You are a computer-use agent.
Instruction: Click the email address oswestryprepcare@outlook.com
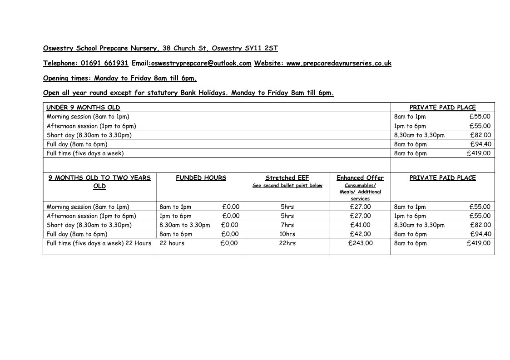click(x=201, y=63)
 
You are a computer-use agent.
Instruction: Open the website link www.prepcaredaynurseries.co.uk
click(x=339, y=63)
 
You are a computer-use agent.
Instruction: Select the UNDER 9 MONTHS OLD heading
click(x=83, y=108)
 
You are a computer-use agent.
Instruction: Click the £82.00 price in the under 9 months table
click(x=480, y=135)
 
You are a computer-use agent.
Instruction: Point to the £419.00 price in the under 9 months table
click(x=479, y=153)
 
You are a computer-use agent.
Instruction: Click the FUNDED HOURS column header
click(x=201, y=178)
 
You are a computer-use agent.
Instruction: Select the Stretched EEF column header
click(x=287, y=178)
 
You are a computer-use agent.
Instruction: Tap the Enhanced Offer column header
click(x=360, y=178)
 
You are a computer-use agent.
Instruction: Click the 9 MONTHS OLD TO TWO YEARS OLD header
click(x=99, y=182)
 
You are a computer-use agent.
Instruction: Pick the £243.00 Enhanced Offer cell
click(x=360, y=243)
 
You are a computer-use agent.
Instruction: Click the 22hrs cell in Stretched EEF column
click(x=287, y=243)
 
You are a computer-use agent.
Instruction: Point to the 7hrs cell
click(x=287, y=225)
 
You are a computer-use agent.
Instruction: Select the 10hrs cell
click(x=287, y=234)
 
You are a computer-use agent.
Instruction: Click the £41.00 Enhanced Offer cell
click(x=360, y=225)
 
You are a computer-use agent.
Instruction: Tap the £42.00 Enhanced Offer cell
click(x=360, y=234)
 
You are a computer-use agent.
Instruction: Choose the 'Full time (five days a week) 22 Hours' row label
click(x=99, y=243)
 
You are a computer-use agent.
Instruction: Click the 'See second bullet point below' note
click(x=287, y=186)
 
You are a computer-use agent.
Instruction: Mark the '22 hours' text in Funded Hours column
click(x=172, y=243)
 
